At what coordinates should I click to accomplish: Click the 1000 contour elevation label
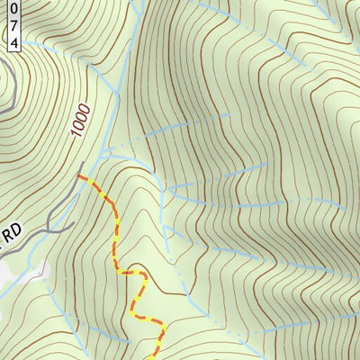tap(83, 117)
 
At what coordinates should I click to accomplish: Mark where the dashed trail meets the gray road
tap(79, 177)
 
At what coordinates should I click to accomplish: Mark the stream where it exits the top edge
tap(135, 3)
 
